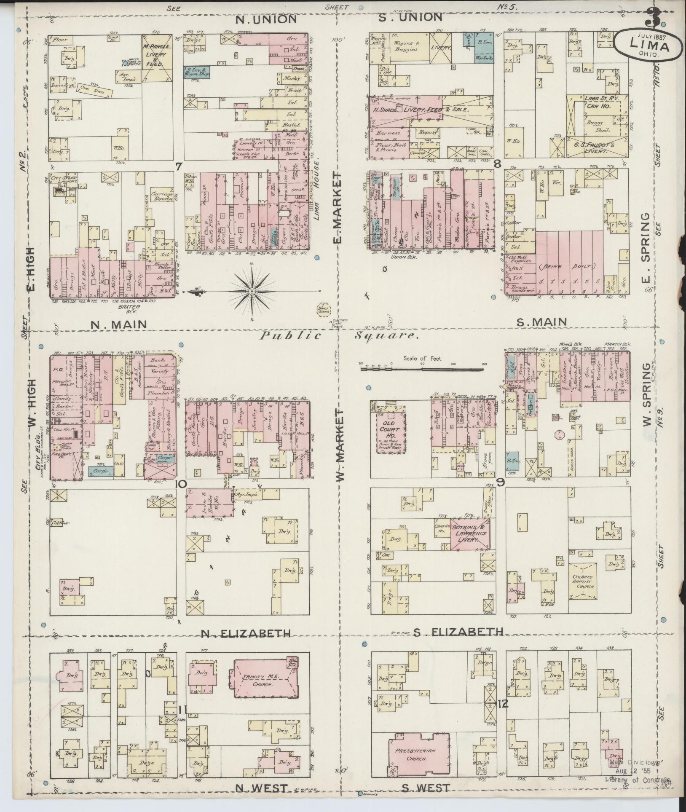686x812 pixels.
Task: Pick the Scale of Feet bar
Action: (422, 369)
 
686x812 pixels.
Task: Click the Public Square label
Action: (339, 336)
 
